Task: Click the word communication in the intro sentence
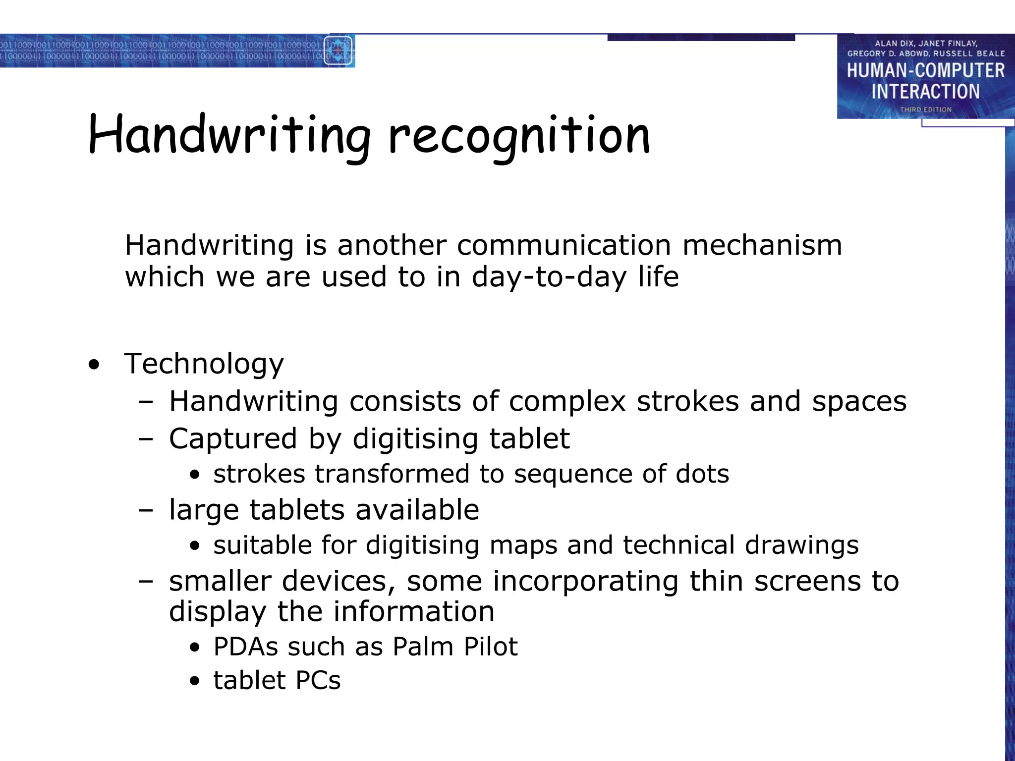[564, 245]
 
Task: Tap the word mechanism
[762, 245]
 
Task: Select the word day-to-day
[549, 277]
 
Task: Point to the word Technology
[204, 364]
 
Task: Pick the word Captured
[233, 439]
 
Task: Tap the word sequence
[573, 475]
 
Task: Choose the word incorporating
[585, 582]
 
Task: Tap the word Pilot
[490, 647]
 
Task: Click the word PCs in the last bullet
[318, 680]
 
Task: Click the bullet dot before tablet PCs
[195, 681]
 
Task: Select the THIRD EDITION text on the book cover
[925, 109]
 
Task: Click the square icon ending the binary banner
[338, 51]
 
